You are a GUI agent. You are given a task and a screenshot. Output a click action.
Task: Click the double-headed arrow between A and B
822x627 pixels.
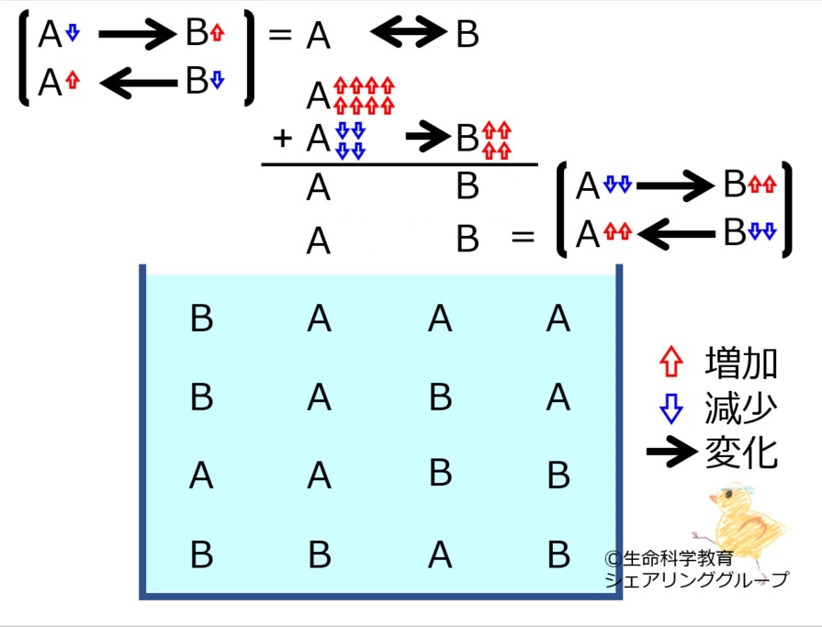(409, 32)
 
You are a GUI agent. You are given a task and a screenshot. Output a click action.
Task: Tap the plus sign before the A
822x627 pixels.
(282, 139)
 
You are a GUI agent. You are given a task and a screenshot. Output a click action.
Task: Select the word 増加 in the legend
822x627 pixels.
(741, 363)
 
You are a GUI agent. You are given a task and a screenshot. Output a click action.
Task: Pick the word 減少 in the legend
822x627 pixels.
(741, 408)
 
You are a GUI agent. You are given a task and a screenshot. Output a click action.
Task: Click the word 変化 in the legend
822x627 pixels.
(741, 453)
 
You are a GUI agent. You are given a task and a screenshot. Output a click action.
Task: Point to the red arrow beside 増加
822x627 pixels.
(671, 362)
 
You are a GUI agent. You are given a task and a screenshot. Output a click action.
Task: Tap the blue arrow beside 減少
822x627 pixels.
(671, 408)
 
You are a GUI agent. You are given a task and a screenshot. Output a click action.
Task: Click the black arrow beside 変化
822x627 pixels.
(672, 451)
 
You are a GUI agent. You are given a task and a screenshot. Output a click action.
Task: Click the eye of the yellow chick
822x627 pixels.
(726, 495)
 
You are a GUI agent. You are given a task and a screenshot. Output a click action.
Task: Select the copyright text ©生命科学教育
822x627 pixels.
(669, 558)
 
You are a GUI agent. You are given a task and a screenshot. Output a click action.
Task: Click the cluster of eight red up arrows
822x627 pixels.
(364, 95)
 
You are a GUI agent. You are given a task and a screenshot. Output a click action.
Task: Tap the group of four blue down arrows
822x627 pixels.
(350, 140)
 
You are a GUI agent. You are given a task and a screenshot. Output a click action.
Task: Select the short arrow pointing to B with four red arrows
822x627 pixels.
(428, 137)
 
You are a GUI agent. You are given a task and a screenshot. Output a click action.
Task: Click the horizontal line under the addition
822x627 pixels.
(400, 164)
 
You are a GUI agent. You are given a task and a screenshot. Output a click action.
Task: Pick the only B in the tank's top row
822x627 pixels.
(202, 318)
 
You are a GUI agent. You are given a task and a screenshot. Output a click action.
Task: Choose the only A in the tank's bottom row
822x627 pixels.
(440, 554)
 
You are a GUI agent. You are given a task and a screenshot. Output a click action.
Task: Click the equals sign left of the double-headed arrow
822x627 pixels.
(280, 35)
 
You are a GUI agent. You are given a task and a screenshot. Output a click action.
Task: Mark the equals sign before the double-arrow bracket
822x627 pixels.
(523, 237)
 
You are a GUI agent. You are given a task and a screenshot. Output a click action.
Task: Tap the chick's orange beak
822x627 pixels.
(714, 498)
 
